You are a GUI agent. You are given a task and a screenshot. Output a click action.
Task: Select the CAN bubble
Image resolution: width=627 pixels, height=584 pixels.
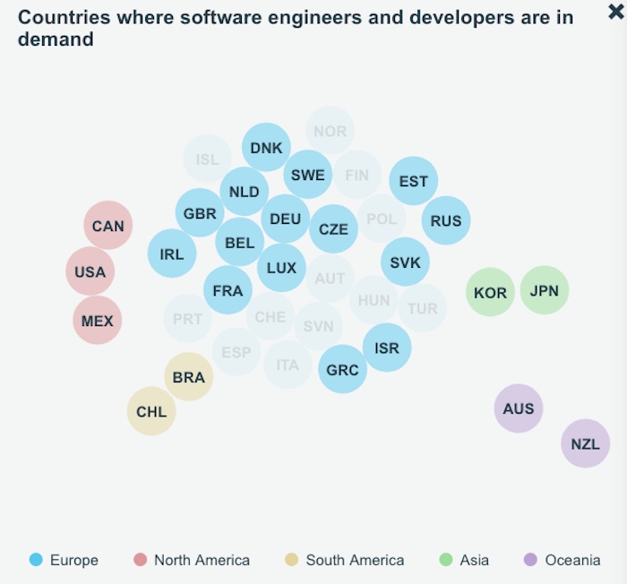pos(108,226)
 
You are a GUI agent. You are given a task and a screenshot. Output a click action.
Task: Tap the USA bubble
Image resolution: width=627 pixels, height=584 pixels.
pos(90,271)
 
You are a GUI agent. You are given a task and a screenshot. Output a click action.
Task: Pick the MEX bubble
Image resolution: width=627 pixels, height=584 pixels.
pos(97,320)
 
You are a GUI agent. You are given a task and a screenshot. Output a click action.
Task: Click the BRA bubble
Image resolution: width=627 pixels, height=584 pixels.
pos(189,377)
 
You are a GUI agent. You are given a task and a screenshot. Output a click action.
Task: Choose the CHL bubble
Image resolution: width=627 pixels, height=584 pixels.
pos(151,412)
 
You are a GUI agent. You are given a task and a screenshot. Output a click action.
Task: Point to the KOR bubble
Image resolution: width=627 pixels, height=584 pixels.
pos(490,292)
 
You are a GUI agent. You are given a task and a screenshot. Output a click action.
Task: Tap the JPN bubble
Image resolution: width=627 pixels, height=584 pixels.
pos(544,290)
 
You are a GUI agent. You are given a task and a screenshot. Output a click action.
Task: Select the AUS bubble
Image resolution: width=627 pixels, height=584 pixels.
pos(519,408)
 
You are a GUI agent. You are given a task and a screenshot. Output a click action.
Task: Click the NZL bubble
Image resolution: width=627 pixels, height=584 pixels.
pos(585,443)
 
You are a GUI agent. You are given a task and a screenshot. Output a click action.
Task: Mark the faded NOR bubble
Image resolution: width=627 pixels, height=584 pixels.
pos(330,131)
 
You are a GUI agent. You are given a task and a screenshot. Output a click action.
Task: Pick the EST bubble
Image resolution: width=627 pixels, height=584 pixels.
pos(413,181)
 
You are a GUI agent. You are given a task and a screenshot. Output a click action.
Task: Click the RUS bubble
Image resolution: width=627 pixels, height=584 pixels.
pos(446,220)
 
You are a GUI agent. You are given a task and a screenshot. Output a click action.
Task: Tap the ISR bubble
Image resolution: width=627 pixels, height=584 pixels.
pos(387,348)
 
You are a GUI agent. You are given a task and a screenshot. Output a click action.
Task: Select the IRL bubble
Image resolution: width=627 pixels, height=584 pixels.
pos(172,253)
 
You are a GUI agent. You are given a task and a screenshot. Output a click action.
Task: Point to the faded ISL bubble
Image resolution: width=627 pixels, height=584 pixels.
pos(207,159)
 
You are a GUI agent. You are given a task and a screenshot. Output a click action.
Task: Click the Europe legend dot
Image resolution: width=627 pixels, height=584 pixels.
pos(36,560)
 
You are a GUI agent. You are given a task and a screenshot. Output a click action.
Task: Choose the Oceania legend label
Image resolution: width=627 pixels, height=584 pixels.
pos(572,560)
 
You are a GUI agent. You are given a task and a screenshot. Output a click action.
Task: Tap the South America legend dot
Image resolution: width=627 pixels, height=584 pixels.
pos(291,560)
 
